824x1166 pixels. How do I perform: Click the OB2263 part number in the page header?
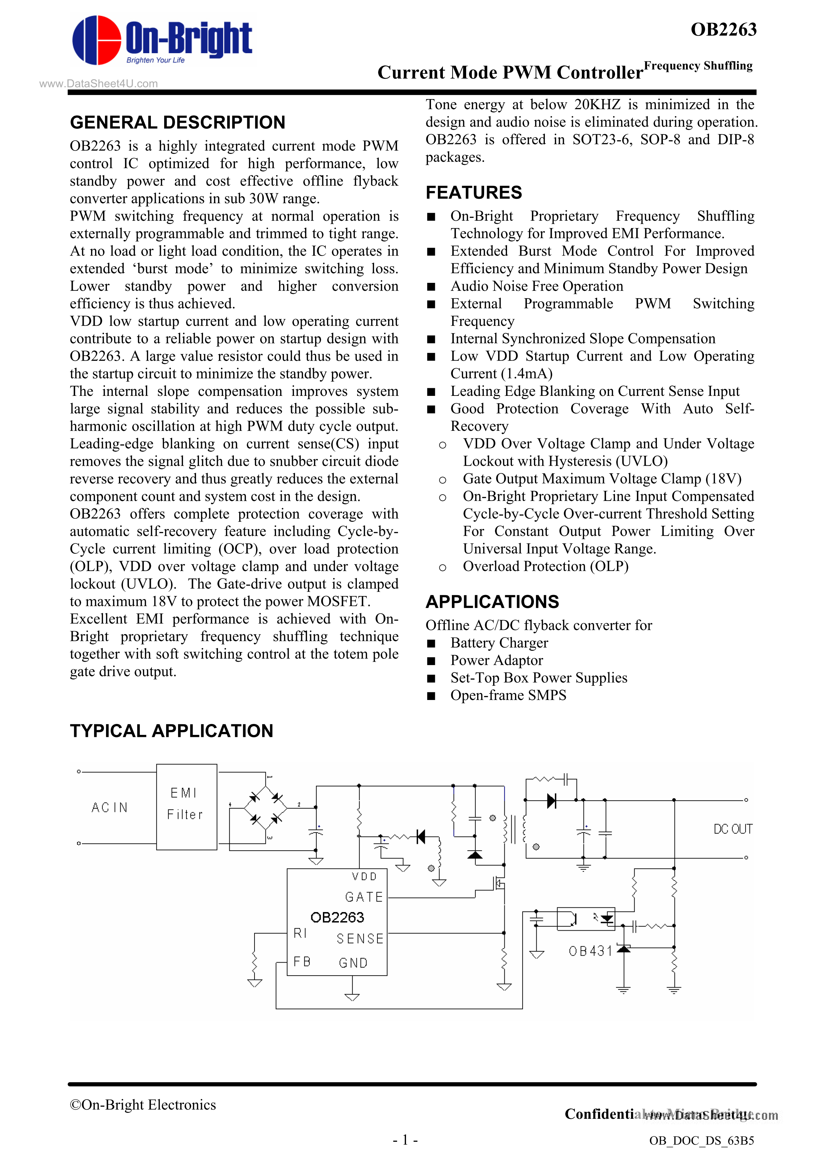(x=723, y=30)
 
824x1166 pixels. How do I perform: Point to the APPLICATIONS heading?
(x=492, y=602)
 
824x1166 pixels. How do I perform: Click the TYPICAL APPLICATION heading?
(x=171, y=731)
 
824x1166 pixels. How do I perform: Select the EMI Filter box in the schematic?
(x=186, y=806)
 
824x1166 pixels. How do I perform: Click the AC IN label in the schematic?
(x=110, y=807)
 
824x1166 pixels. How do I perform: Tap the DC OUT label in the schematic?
(x=733, y=829)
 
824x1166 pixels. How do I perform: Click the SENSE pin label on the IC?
(x=360, y=939)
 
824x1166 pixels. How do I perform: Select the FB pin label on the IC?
(x=302, y=961)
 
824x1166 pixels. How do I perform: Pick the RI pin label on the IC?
(x=300, y=933)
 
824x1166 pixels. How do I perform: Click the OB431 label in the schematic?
(x=590, y=951)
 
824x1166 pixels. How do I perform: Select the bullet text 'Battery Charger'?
(x=499, y=643)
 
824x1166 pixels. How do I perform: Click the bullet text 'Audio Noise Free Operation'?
(x=537, y=287)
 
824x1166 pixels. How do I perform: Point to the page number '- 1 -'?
(x=405, y=1140)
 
